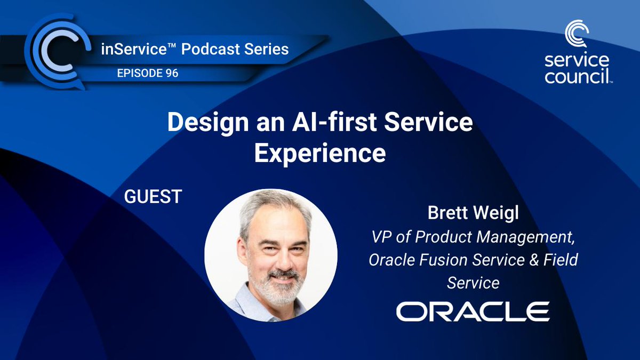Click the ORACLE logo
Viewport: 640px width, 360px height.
(x=473, y=311)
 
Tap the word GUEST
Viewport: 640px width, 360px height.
(x=153, y=196)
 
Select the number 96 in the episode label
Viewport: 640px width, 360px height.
(x=172, y=73)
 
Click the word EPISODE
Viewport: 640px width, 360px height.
(x=140, y=73)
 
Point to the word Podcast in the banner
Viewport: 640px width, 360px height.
(x=210, y=49)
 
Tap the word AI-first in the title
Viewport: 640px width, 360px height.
(x=334, y=122)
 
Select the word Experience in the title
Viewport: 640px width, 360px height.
(x=320, y=154)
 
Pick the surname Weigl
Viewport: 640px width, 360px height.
(x=495, y=213)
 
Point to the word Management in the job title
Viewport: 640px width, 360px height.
(x=526, y=237)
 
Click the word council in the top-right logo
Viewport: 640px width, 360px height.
(x=577, y=77)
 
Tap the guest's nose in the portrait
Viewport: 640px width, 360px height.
(x=283, y=261)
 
